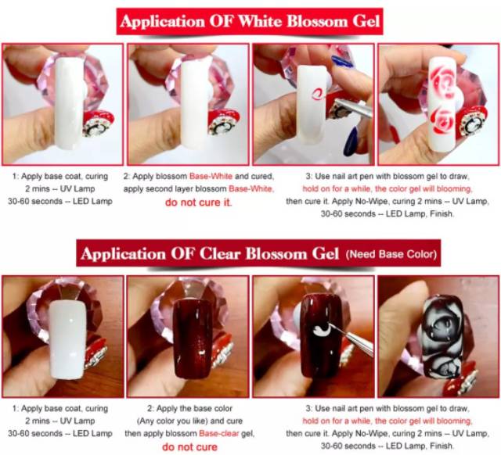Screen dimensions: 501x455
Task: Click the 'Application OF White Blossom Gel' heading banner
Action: point(250,21)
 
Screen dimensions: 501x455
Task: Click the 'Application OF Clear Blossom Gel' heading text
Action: point(210,253)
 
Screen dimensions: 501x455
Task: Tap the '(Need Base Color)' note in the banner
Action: point(391,254)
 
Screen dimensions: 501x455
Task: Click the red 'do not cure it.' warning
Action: point(199,202)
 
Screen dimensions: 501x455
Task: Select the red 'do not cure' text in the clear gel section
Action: point(189,447)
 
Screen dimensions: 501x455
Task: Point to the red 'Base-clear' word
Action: point(219,433)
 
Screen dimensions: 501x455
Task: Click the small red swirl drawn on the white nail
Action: point(317,94)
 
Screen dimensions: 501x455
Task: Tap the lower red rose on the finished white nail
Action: point(442,120)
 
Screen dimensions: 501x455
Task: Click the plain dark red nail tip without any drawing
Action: point(190,339)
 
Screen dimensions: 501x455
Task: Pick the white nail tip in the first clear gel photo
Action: point(67,340)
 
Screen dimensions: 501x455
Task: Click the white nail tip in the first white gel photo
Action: point(70,102)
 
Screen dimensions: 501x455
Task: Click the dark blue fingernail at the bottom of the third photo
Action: point(351,141)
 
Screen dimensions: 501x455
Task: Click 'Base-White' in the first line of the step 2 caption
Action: point(211,176)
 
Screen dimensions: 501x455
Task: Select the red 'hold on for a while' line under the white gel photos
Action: point(387,189)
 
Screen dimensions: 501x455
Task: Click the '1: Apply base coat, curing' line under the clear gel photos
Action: point(60,408)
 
